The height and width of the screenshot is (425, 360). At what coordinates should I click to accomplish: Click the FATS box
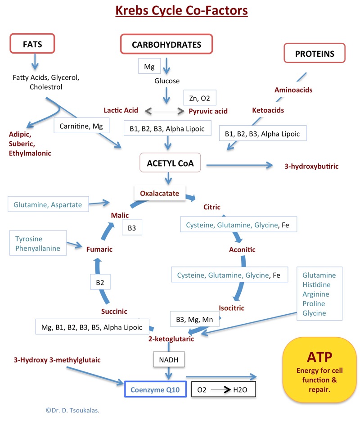point(32,45)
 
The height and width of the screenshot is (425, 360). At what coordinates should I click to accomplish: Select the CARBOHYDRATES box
point(166,45)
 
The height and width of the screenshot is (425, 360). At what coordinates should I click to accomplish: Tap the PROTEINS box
point(315,54)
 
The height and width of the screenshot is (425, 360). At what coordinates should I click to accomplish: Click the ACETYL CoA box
point(167,163)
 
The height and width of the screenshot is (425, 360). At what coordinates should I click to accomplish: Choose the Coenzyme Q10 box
point(155,390)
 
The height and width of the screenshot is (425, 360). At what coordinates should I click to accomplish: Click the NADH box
point(169,360)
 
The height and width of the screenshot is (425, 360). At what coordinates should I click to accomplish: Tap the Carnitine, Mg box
point(81,127)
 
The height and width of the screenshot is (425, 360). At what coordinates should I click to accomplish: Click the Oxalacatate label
point(160,194)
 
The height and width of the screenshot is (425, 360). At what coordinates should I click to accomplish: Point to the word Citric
point(212,207)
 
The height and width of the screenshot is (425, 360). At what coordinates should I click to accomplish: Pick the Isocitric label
point(231,308)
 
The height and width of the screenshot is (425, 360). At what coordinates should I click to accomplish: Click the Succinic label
point(114,311)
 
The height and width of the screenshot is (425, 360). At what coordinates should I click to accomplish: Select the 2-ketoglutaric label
point(171,339)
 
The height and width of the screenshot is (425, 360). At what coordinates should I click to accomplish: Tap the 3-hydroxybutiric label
point(311,166)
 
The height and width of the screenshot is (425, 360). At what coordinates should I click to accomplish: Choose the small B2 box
point(100,283)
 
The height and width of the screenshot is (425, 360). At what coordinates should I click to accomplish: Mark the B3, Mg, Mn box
point(194,320)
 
